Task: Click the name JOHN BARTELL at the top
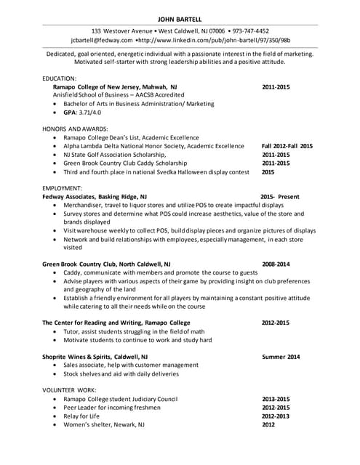(180, 18)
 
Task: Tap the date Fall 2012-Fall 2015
(287, 146)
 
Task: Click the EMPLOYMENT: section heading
(62, 187)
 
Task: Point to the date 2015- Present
(279, 197)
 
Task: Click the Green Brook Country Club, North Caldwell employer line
(106, 264)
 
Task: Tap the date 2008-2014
(276, 264)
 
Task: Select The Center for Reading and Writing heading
(116, 323)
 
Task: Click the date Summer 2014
(281, 357)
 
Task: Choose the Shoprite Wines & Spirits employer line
(95, 357)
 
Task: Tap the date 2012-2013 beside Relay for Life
(276, 416)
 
